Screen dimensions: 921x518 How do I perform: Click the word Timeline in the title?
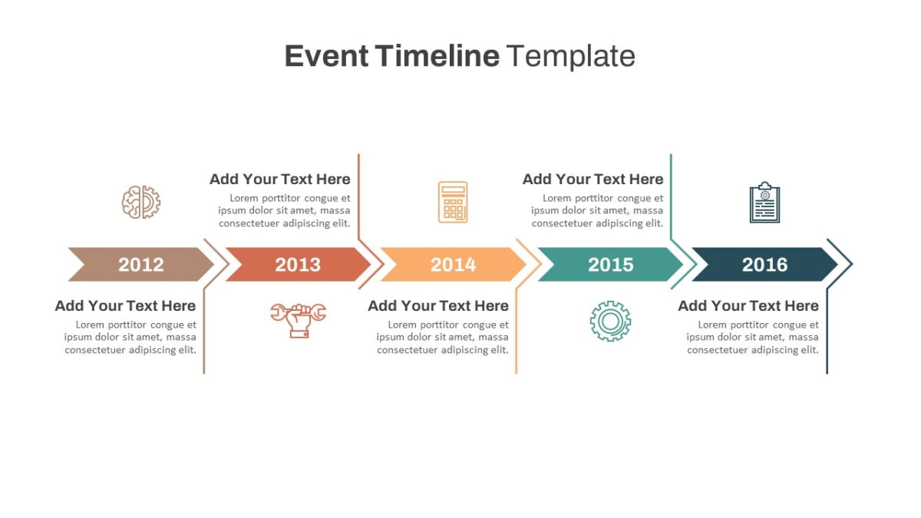point(437,56)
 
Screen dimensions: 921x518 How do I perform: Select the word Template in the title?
point(571,57)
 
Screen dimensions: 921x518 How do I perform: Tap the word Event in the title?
point(326,56)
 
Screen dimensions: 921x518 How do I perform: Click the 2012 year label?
point(141,264)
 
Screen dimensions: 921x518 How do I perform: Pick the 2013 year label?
point(298,264)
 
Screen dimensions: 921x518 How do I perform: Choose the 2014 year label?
point(453,264)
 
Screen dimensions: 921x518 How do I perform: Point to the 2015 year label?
point(611,264)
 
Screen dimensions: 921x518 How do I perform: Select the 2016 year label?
point(764,264)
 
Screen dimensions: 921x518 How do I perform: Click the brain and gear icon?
point(141,202)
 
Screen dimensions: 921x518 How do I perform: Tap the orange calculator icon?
point(453,202)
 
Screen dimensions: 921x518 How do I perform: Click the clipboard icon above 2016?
point(764,202)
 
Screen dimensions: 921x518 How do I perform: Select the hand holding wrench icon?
point(298,321)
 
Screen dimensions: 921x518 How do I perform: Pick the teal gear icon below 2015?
point(611,321)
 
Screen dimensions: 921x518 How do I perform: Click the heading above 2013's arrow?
point(280,180)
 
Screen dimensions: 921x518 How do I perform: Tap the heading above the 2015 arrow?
point(593,180)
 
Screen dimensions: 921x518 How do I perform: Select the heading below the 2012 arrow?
point(125,306)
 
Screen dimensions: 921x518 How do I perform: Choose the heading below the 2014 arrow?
point(438,306)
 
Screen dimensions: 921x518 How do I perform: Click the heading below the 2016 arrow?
point(748,306)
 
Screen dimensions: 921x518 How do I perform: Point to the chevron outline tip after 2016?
point(852,263)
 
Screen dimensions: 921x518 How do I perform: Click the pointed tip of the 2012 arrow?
point(214,264)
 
